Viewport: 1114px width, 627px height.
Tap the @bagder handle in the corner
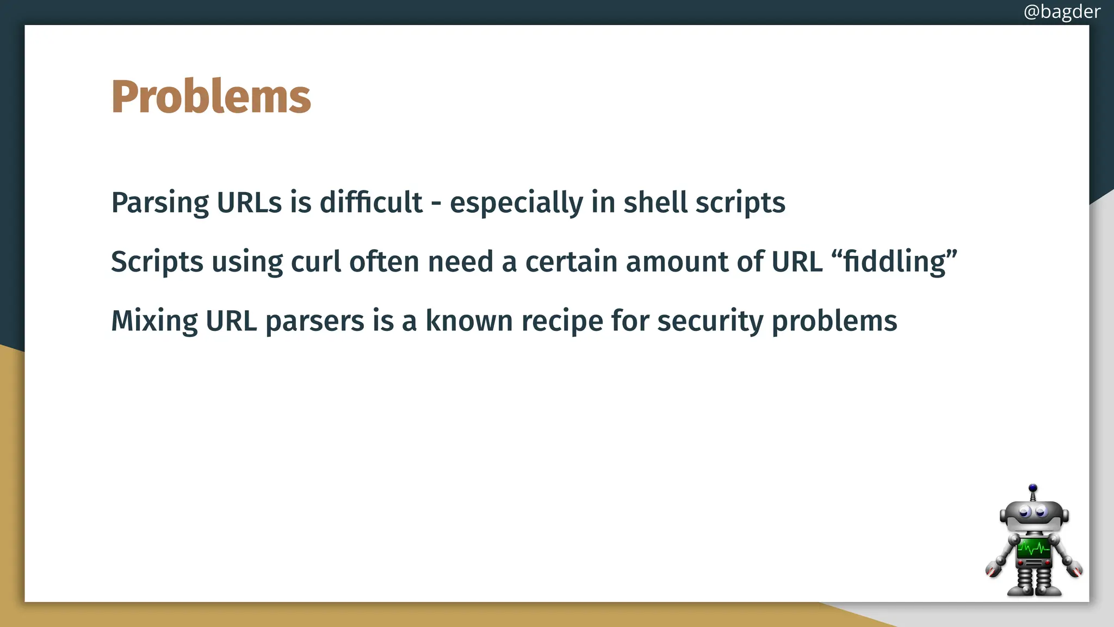pyautogui.click(x=1061, y=11)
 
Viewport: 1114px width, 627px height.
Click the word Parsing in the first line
pyautogui.click(x=159, y=203)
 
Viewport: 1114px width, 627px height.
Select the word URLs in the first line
pyautogui.click(x=249, y=202)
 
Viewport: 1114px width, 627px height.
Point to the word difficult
pyautogui.click(x=370, y=202)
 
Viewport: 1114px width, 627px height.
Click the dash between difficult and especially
pyautogui.click(x=436, y=205)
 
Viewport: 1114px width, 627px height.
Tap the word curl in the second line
pyautogui.click(x=315, y=261)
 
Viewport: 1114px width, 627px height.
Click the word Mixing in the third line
pyautogui.click(x=154, y=321)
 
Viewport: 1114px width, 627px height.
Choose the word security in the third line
pyautogui.click(x=710, y=321)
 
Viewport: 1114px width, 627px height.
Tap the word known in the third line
pyautogui.click(x=469, y=321)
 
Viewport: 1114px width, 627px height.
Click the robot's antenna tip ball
pyautogui.click(x=1033, y=488)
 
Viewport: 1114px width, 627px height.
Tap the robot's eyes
pyautogui.click(x=1032, y=512)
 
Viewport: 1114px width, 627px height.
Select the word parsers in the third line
pyautogui.click(x=314, y=321)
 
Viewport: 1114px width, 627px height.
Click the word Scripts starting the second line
pyautogui.click(x=157, y=262)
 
